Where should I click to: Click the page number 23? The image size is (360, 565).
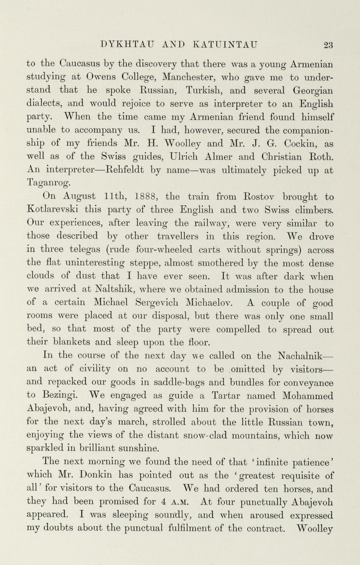(328, 44)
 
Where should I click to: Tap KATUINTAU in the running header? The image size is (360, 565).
(225, 44)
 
